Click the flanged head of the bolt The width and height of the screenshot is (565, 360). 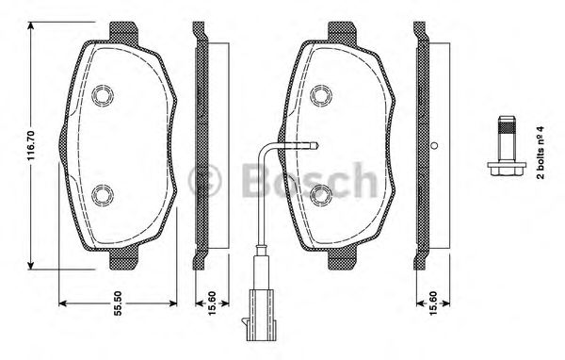coord(504,171)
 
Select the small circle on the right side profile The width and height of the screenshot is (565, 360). coord(434,145)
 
